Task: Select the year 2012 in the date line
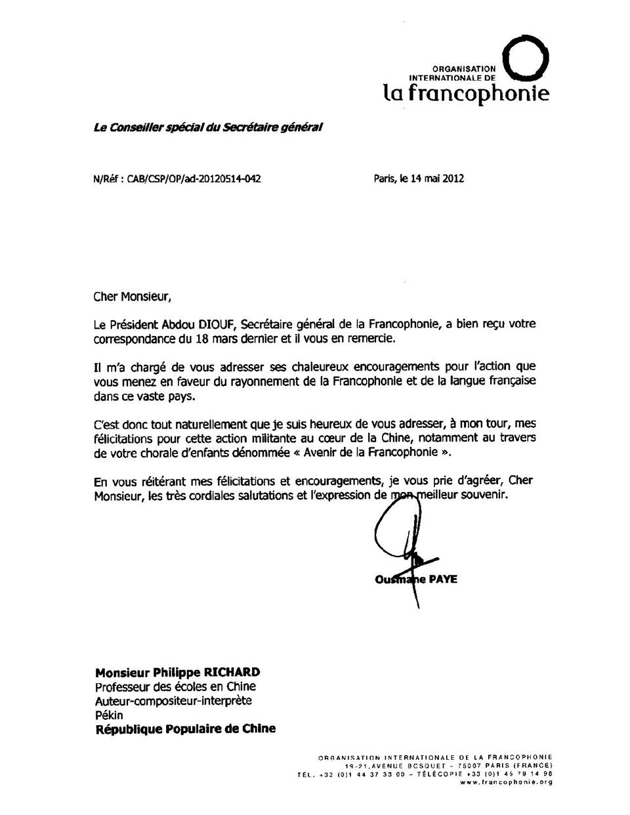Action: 452,178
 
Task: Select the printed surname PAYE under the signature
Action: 443,579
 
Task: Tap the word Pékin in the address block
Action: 109,715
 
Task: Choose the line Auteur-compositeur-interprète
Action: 173,701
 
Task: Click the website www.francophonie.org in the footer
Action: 506,782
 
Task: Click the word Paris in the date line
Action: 385,178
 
